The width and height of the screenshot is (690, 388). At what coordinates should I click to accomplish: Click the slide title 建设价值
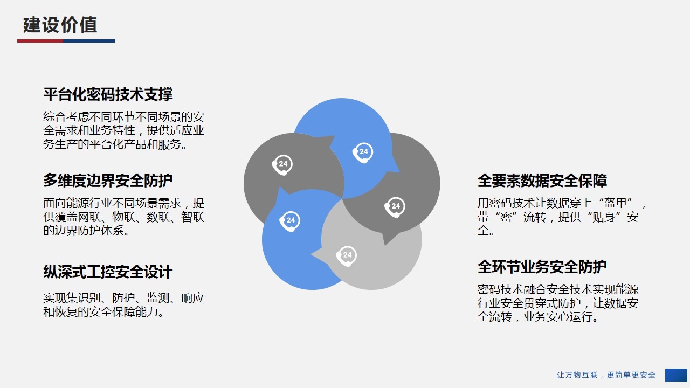pos(60,25)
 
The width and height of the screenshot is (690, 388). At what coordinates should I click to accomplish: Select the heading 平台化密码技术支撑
pos(108,94)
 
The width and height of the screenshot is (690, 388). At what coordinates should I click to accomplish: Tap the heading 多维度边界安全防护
pos(108,181)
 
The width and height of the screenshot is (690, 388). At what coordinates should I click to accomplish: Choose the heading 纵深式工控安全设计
pos(108,272)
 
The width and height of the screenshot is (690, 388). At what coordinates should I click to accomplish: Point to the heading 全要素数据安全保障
pos(542,181)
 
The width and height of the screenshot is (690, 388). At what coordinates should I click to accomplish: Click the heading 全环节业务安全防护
pos(542,267)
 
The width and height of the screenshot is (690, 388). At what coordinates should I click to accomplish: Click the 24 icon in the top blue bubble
pos(363,153)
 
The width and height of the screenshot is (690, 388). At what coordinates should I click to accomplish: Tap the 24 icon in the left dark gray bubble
pos(282,165)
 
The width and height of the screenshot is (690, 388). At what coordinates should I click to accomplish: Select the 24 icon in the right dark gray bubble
pos(395,207)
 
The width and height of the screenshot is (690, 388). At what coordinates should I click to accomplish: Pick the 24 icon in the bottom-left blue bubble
pos(290,221)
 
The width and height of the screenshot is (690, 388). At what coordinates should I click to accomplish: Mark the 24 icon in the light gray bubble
pos(346,256)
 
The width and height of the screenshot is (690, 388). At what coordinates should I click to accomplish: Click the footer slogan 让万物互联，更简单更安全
pos(606,375)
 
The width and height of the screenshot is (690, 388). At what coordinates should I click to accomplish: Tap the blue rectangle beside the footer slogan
pos(676,375)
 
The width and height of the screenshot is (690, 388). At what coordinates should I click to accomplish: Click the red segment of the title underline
pos(40,41)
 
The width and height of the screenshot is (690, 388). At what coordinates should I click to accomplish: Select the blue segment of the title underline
pos(89,41)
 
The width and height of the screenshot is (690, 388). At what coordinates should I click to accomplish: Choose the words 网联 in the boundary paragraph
pos(89,217)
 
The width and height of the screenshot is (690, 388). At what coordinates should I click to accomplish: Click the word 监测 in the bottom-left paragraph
pos(158,298)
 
